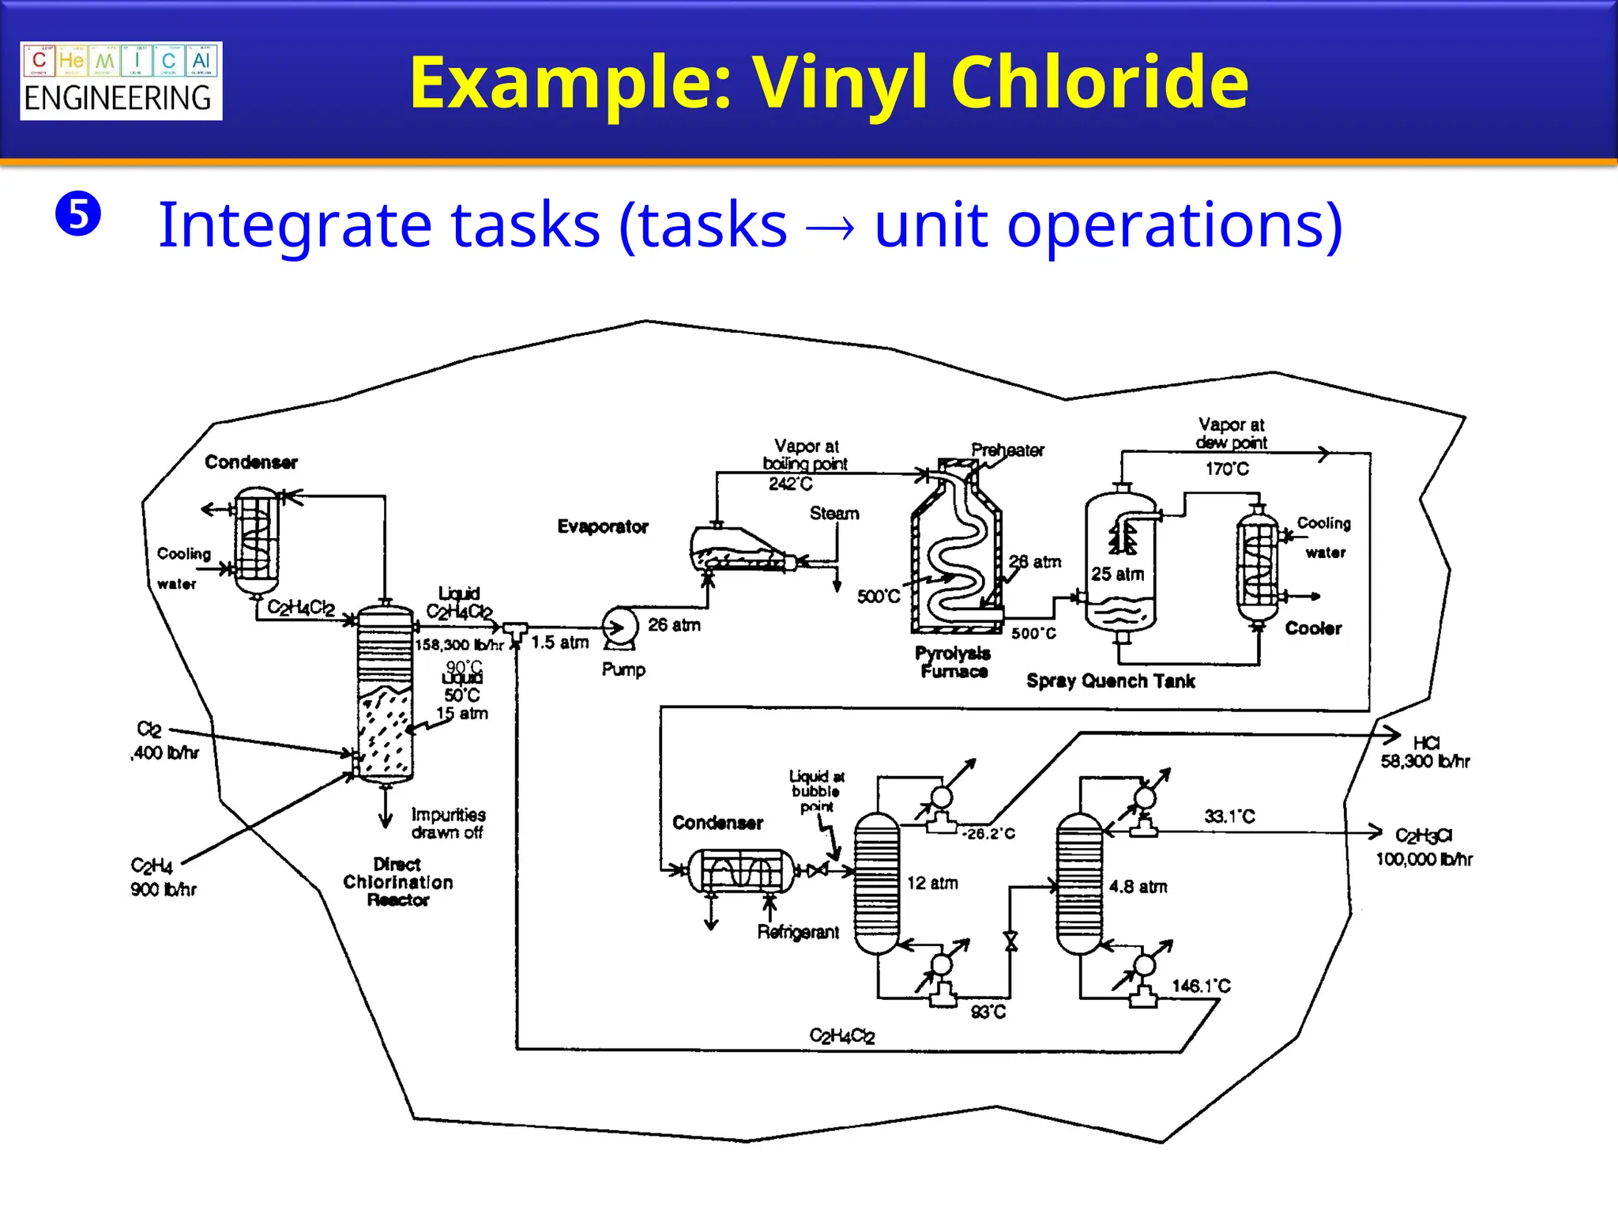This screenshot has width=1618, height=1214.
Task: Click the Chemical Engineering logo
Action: pos(121,81)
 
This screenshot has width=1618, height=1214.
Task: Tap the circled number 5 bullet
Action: pos(78,214)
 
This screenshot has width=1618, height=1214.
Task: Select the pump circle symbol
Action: pos(619,627)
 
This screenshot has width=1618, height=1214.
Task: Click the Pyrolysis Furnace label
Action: pos(953,662)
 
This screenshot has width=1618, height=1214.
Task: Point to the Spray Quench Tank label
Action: pos(1110,681)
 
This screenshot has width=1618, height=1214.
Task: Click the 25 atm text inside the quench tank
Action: pos(1117,575)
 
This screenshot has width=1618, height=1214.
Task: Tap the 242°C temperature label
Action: pos(790,484)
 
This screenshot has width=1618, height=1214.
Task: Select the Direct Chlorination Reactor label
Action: pos(398,882)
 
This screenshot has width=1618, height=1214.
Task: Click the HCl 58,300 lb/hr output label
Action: pos(1425,752)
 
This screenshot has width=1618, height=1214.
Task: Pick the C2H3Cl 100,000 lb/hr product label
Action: pos(1424,847)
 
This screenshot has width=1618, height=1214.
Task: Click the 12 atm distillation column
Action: pos(877,883)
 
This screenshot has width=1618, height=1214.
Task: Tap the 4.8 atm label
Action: pos(1138,887)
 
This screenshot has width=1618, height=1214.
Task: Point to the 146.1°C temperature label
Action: pos(1201,986)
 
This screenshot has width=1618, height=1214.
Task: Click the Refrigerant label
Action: pos(798,933)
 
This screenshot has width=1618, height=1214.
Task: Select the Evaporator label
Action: pos(603,526)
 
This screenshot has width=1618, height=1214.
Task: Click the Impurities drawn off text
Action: pos(448,824)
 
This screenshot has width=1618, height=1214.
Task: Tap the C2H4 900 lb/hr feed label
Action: pos(162,877)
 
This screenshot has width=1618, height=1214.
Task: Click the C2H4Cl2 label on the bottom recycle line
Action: pos(842,1035)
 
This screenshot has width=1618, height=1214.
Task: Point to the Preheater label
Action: pos(1007,451)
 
